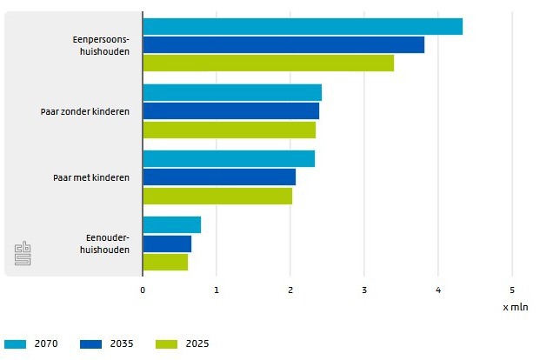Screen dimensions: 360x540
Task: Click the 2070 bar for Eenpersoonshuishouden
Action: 302,27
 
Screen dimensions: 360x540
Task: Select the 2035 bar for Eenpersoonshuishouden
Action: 283,45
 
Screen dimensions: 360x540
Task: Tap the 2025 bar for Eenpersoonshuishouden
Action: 268,63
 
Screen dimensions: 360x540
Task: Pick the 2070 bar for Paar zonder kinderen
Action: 231,92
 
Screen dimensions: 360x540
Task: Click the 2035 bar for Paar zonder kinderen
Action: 230,111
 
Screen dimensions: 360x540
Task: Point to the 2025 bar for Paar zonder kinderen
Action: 229,130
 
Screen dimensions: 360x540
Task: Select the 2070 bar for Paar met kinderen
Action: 228,158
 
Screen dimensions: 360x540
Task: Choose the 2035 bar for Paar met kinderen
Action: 218,177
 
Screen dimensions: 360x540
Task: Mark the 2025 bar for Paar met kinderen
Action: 217,196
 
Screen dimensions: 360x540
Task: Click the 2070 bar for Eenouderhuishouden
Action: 171,225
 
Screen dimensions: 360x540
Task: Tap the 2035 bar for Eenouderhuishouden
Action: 166,243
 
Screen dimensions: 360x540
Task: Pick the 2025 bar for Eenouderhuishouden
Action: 164,262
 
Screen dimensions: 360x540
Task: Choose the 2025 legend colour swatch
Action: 166,343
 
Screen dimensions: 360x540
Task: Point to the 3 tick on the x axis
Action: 364,290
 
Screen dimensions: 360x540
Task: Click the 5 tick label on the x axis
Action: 512,290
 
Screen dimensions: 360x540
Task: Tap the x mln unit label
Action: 514,307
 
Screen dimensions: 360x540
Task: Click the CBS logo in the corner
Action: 23,255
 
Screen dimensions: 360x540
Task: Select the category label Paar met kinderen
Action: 84,177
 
